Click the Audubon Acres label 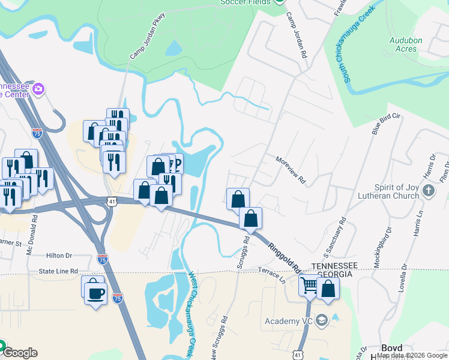click(x=406, y=44)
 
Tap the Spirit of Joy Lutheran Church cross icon click(x=428, y=191)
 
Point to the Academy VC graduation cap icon click(x=322, y=320)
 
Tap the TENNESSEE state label click(x=334, y=265)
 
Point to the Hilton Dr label click(x=59, y=256)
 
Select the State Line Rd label click(x=58, y=271)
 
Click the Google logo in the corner click(x=19, y=353)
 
